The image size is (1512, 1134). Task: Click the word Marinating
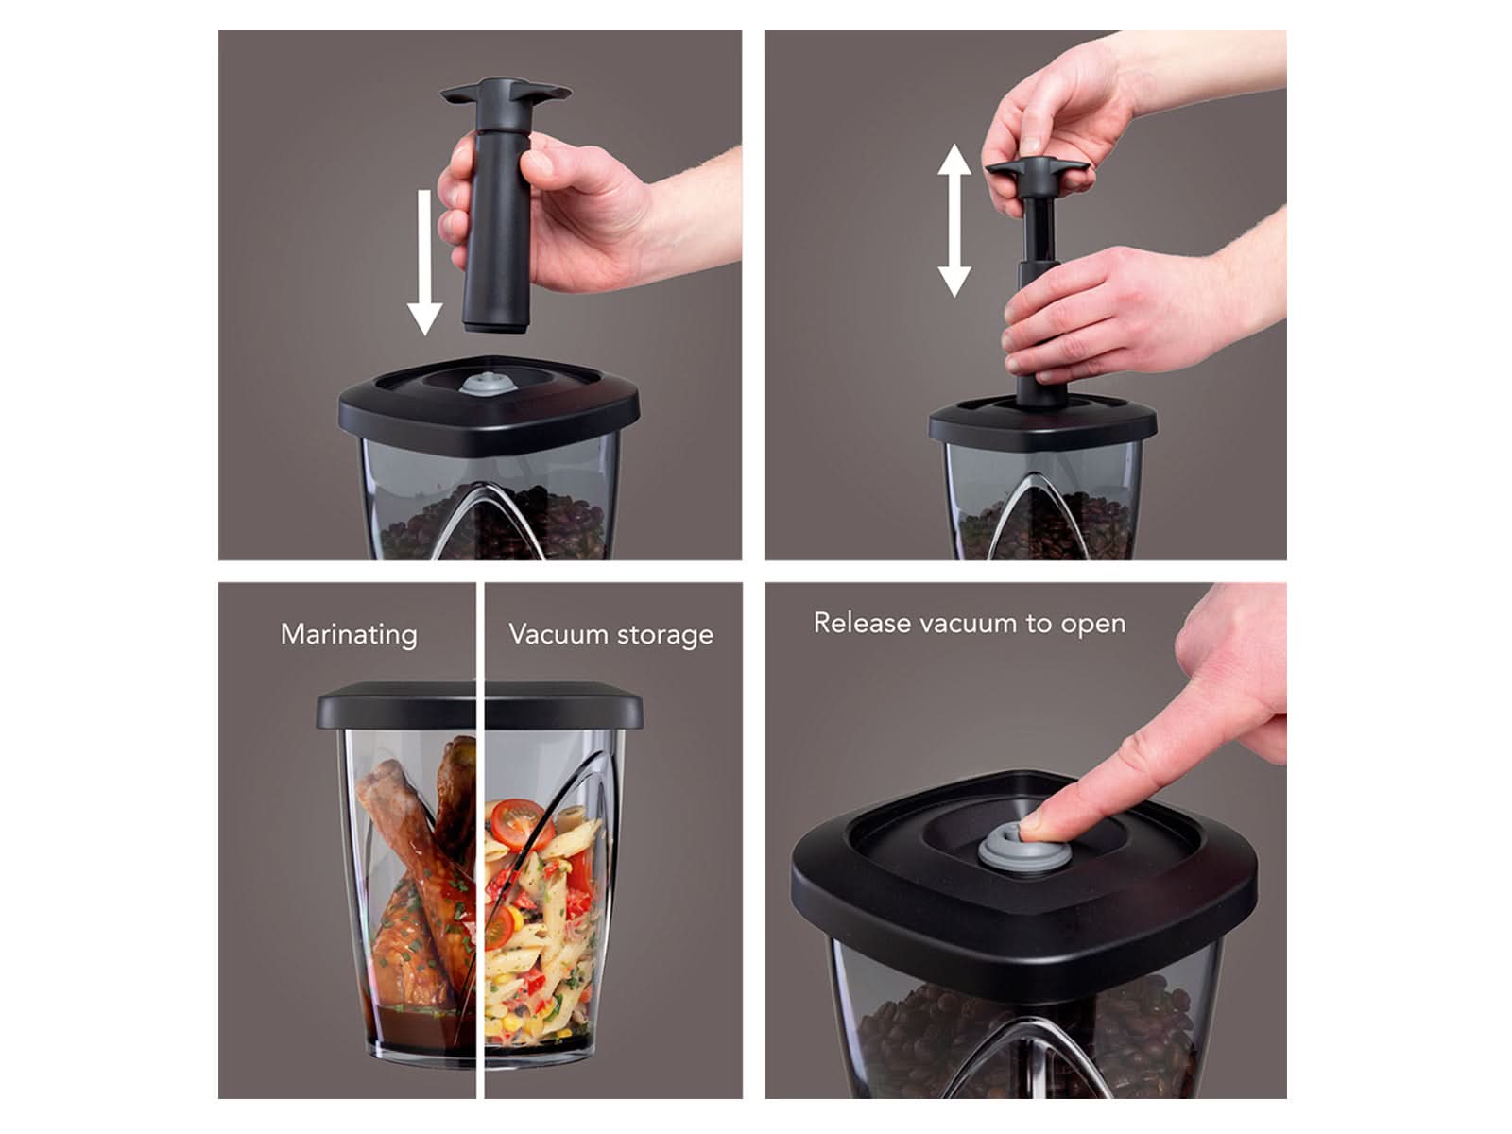tap(349, 634)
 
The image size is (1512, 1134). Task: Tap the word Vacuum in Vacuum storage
tap(558, 633)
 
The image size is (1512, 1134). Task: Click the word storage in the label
tap(664, 635)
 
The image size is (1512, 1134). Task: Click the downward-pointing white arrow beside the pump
tap(424, 263)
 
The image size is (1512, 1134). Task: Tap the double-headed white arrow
tap(954, 220)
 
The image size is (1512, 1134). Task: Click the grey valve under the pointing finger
tap(1007, 849)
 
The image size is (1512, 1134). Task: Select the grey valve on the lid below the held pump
tap(488, 385)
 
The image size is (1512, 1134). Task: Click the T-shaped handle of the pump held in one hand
tap(505, 93)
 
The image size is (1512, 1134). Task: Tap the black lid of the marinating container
tap(479, 706)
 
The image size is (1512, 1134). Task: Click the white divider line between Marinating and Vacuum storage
tap(480, 840)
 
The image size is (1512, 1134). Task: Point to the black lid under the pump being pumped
tap(1042, 422)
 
